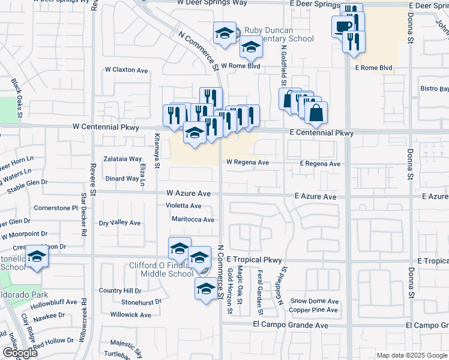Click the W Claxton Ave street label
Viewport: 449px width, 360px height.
(x=127, y=70)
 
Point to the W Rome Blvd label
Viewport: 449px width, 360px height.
(x=240, y=66)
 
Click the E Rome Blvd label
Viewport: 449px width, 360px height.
(x=373, y=68)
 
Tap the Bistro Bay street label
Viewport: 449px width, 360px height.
(x=435, y=89)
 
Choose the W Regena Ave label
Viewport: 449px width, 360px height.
(x=247, y=162)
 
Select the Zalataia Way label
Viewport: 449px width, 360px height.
(x=122, y=160)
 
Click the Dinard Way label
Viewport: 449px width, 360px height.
(x=122, y=178)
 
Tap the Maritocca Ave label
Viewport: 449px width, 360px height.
(x=193, y=220)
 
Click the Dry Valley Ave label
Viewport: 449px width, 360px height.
(x=120, y=223)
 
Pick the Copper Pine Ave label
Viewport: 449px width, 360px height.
(x=313, y=310)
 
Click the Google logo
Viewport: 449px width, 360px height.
(x=20, y=353)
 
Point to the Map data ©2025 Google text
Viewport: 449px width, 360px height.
(x=411, y=355)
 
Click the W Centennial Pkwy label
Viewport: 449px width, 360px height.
(x=106, y=127)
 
